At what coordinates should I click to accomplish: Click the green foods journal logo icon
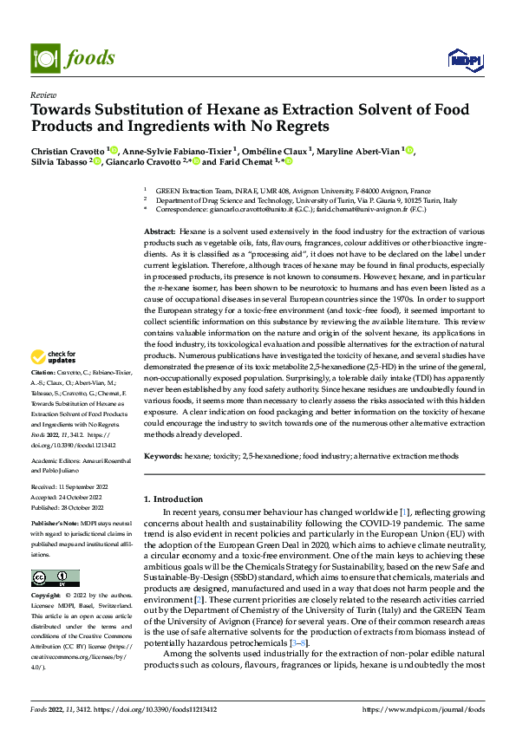coord(45,58)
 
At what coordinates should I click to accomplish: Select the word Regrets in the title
coord(300,127)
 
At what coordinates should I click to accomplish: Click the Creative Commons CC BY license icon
coord(55,578)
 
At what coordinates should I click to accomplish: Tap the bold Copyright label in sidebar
coord(46,596)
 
